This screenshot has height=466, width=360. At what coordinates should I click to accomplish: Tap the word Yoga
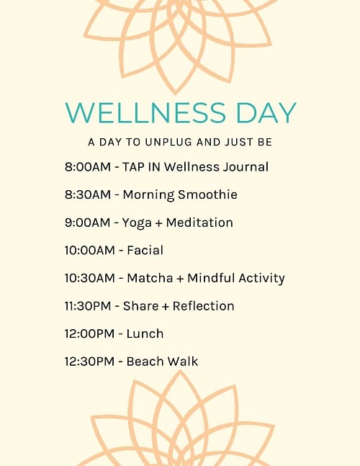138,223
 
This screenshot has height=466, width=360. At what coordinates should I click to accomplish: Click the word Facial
145,251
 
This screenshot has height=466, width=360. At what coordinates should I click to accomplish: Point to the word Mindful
211,278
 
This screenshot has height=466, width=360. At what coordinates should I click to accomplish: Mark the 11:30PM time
89,306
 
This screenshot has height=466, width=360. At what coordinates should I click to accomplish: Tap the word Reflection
199,306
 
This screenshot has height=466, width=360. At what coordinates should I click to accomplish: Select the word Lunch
145,333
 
